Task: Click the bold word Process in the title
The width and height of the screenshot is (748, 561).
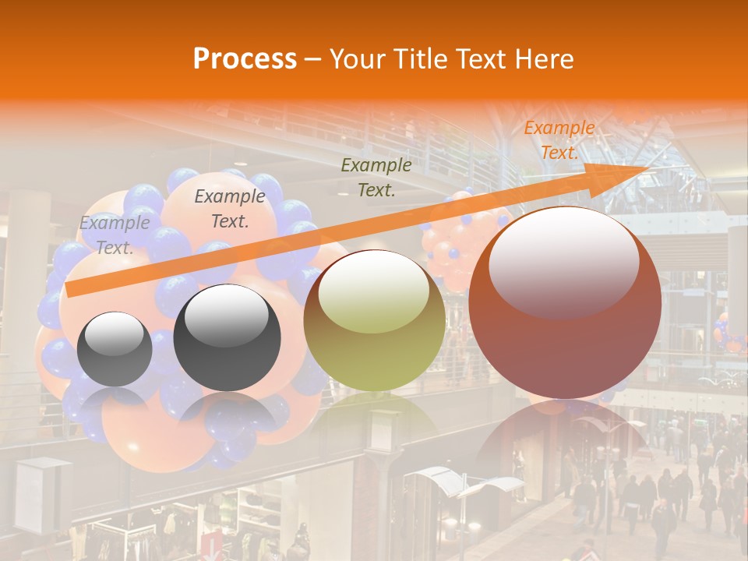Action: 245,59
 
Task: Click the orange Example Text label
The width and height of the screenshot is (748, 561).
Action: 559,140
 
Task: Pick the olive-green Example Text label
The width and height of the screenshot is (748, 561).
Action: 376,177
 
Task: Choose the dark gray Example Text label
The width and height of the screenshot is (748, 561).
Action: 229,208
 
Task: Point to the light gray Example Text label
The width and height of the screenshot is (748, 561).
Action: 115,235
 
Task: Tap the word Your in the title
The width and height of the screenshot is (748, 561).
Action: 355,59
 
